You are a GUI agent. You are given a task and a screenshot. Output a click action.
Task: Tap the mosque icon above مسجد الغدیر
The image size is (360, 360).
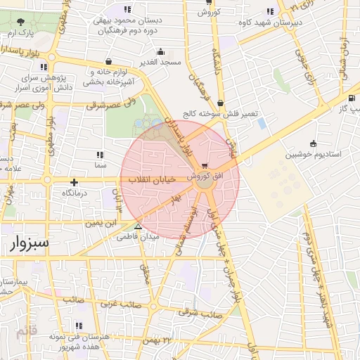tap(161, 51)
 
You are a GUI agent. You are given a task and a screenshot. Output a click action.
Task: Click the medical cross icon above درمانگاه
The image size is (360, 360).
tap(74, 182)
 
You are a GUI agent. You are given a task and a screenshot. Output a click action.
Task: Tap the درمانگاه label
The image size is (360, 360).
tap(74, 193)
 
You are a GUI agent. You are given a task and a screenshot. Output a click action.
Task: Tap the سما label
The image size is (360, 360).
tap(99, 165)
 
